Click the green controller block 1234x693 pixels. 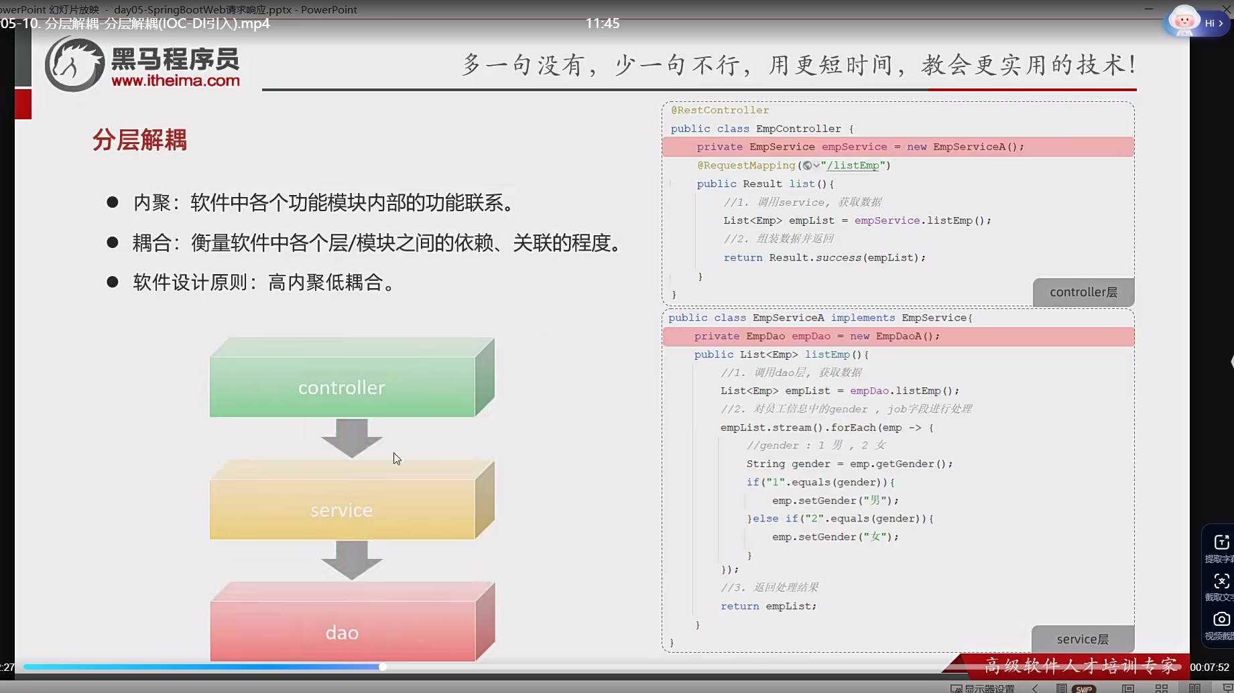pyautogui.click(x=342, y=387)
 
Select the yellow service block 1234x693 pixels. pyautogui.click(x=342, y=509)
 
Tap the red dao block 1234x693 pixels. pyautogui.click(x=342, y=632)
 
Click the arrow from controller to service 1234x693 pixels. pyautogui.click(x=351, y=438)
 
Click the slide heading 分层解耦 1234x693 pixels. pyautogui.click(x=139, y=140)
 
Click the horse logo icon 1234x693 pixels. pyautogui.click(x=74, y=64)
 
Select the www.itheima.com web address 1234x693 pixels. pyautogui.click(x=176, y=81)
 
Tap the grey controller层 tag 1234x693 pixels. pyautogui.click(x=1083, y=292)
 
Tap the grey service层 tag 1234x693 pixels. pyautogui.click(x=1083, y=639)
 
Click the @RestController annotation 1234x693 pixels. pyautogui.click(x=720, y=110)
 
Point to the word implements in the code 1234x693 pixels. pyautogui.click(x=863, y=318)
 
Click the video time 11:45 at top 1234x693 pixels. pyautogui.click(x=603, y=23)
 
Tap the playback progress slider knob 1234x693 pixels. pyautogui.click(x=382, y=667)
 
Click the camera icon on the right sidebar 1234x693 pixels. pyautogui.click(x=1221, y=619)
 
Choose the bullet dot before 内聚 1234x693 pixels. pyautogui.click(x=113, y=202)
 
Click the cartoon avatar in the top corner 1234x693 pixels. pyautogui.click(x=1184, y=21)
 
